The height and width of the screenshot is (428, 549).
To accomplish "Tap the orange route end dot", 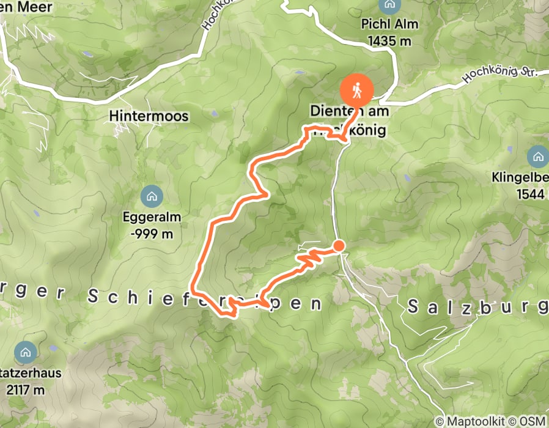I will [x=338, y=246].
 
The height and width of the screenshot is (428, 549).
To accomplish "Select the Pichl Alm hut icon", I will [x=388, y=6].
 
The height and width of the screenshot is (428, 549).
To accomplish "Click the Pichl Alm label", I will [x=393, y=25].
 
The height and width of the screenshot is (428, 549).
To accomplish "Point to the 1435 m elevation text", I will [x=389, y=41].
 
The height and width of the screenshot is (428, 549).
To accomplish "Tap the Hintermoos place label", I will [x=149, y=116].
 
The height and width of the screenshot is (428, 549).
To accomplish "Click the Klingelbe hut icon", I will [x=538, y=157].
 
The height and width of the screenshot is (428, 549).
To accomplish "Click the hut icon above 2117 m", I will [x=25, y=353].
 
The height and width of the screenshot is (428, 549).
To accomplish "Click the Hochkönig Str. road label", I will [x=499, y=76].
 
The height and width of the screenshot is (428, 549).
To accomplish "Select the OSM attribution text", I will [x=532, y=421].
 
